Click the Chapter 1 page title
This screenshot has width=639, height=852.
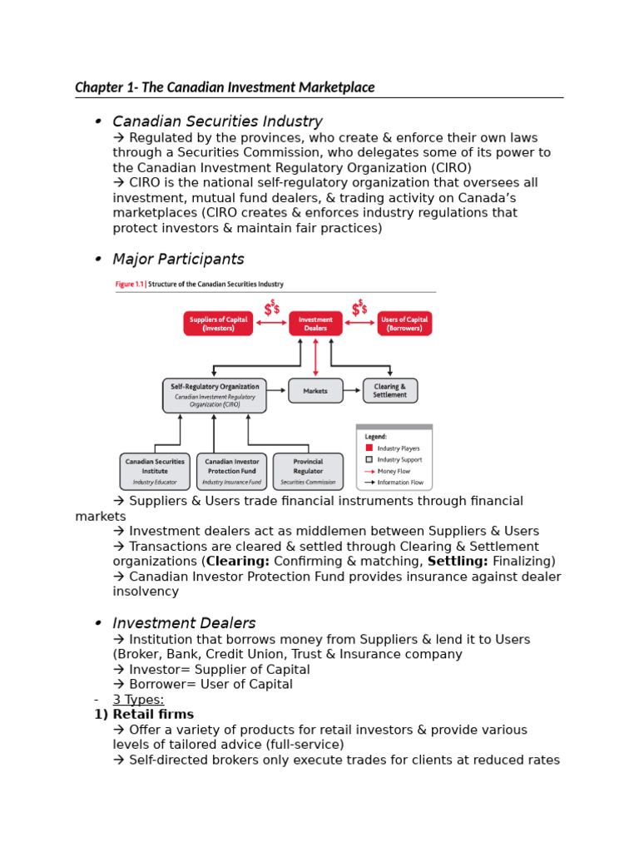(x=225, y=87)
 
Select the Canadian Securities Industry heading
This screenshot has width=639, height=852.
(x=217, y=121)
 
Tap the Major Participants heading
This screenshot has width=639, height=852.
(x=178, y=259)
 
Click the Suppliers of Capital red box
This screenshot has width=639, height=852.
(x=218, y=324)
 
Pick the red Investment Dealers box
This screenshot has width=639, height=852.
(x=315, y=324)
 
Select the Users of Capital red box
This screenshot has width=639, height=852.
(x=404, y=324)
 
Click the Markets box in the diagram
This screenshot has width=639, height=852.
(x=315, y=390)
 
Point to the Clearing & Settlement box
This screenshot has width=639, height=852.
(x=390, y=390)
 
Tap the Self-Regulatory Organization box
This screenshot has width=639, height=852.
(x=214, y=395)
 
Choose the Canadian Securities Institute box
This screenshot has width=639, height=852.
(x=155, y=471)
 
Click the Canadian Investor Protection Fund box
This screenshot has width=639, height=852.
(x=231, y=471)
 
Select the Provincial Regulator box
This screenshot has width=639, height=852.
(x=308, y=471)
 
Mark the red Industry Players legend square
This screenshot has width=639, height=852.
(x=369, y=448)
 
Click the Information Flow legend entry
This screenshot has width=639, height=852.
(x=399, y=482)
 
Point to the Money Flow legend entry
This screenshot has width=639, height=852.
(x=394, y=471)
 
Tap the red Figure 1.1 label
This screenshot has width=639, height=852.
(x=129, y=285)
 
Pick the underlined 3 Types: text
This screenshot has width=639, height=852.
(x=138, y=699)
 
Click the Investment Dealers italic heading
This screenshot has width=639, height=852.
(x=184, y=622)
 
